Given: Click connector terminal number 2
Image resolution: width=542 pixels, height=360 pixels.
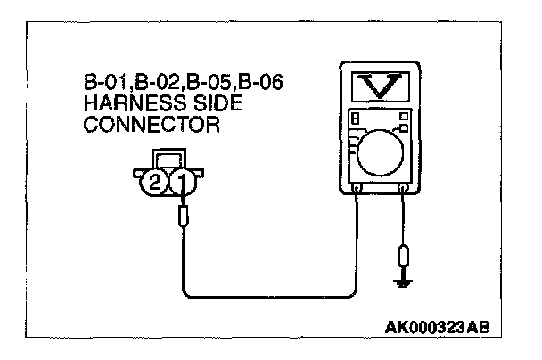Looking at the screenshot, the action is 156,184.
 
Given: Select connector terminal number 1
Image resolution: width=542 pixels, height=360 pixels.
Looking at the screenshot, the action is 183,184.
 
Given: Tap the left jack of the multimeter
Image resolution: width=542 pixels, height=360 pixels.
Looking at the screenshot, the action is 357,189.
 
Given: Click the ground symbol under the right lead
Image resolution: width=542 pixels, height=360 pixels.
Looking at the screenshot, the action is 404,282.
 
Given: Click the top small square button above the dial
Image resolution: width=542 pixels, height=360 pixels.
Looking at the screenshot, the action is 404,116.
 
